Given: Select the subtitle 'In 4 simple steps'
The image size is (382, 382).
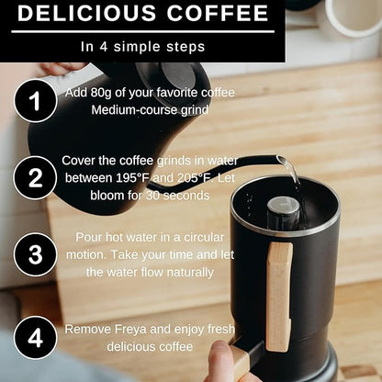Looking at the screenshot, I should pos(141,44).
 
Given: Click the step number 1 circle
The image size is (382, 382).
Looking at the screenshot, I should pos(35,101).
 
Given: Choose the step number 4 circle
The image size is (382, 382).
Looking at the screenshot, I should pos(35,337).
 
